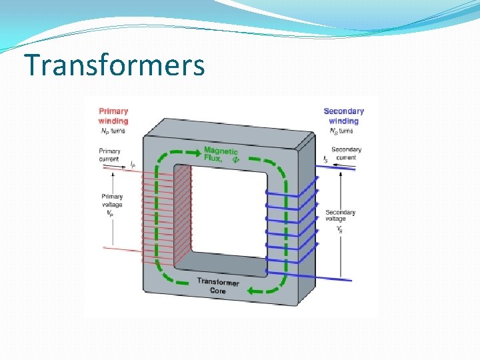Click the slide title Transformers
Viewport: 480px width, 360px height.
pos(114,65)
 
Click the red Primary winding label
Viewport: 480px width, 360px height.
pos(113,116)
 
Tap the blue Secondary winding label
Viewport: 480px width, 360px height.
pos(343,116)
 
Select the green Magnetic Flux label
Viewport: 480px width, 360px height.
pos(221,155)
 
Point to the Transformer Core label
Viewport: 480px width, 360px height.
pos(217,286)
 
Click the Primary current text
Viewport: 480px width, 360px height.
pos(110,155)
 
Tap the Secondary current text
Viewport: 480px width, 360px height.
pos(346,153)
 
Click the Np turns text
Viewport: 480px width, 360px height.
pos(113,131)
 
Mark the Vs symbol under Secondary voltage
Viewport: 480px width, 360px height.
pos(340,229)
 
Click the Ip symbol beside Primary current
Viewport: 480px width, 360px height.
pos(133,163)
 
